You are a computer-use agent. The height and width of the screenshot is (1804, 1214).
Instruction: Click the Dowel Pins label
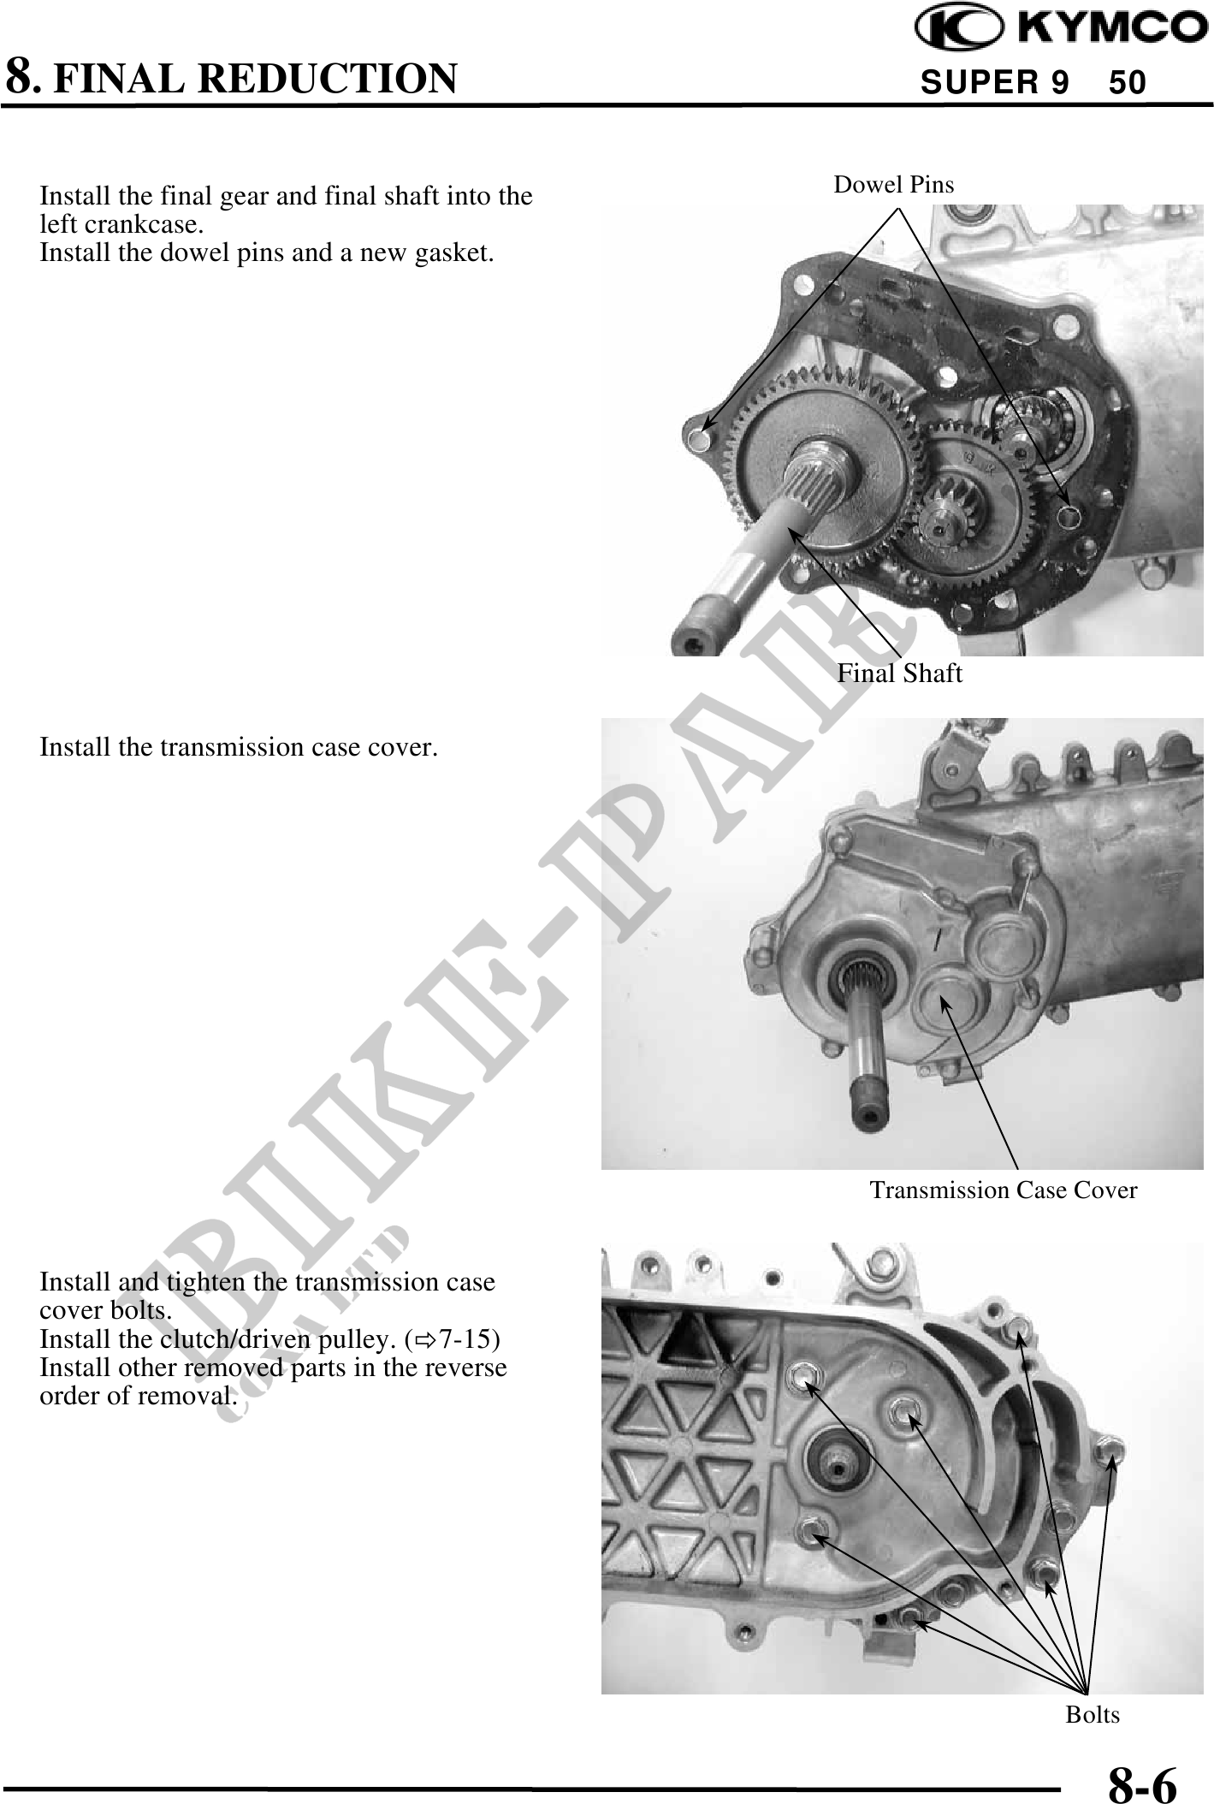click(893, 184)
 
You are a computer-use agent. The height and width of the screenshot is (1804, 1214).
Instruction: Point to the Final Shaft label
click(899, 674)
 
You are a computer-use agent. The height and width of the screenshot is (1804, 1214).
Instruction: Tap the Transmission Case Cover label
click(1004, 1190)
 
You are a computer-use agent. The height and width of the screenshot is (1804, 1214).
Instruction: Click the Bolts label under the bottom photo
click(1093, 1714)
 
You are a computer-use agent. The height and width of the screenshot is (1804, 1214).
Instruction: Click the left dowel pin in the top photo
click(699, 440)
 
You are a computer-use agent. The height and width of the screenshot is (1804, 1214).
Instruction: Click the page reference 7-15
click(466, 1338)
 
